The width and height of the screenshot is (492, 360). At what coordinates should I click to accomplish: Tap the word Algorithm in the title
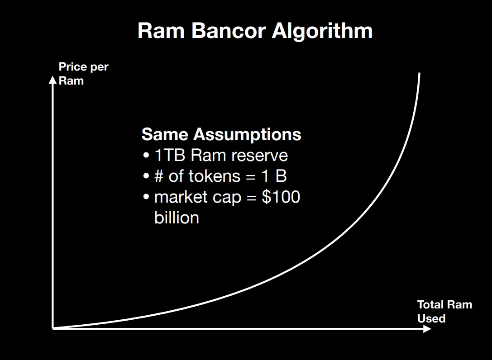tap(322, 31)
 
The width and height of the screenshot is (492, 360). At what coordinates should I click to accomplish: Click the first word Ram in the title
tap(161, 31)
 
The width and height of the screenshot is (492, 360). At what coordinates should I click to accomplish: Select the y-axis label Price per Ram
tap(83, 74)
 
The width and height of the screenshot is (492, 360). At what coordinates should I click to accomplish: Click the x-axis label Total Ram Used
tap(444, 312)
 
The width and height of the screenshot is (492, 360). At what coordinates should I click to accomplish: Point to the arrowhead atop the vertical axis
tap(53, 80)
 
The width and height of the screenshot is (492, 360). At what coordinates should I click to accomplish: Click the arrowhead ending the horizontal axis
tap(427, 329)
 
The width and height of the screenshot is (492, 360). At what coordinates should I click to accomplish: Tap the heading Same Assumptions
tap(221, 134)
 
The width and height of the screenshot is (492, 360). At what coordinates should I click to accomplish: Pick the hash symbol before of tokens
tap(159, 176)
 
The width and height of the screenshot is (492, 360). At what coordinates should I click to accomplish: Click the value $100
tap(281, 197)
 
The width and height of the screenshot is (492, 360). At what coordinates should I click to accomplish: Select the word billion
tap(177, 218)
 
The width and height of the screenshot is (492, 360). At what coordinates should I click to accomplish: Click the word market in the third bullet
tap(182, 197)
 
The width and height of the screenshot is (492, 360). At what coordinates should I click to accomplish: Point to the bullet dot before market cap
tap(146, 197)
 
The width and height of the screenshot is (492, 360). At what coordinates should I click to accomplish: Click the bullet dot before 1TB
tap(146, 155)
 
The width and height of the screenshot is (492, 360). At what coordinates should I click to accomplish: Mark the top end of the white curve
tap(420, 73)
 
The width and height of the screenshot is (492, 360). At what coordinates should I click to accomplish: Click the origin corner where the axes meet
tap(53, 328)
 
